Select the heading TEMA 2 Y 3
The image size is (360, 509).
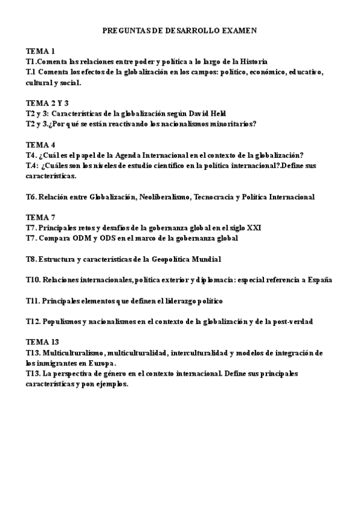[x=47, y=103]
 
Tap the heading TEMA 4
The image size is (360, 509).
[x=41, y=145]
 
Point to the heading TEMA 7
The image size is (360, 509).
[x=41, y=217]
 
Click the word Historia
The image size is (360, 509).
[x=254, y=61]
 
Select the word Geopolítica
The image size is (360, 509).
[x=170, y=259]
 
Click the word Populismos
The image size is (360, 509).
[x=64, y=322]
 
